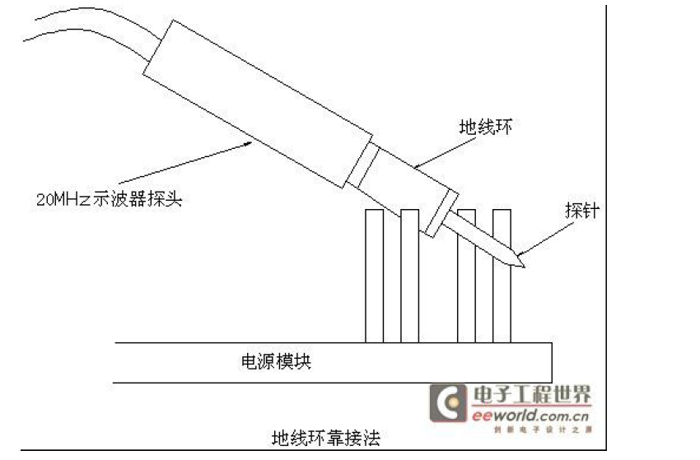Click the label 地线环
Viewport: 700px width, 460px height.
(486, 128)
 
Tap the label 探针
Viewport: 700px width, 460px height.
(581, 210)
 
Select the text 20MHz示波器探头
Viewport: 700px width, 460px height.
(108, 198)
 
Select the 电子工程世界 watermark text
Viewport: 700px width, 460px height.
(530, 396)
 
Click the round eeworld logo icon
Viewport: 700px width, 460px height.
(450, 404)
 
